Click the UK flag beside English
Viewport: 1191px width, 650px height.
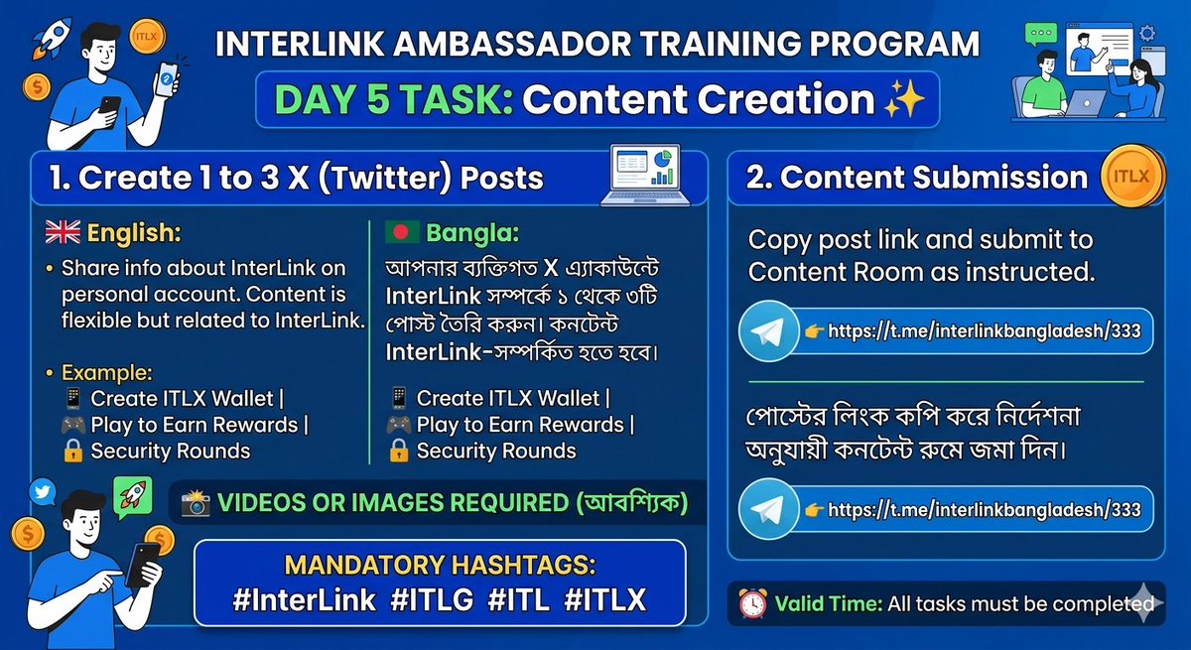(63, 233)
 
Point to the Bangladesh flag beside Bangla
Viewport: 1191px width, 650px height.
(402, 233)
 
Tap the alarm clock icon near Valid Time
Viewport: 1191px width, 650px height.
(751, 602)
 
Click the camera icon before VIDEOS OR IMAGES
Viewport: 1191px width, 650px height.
(195, 503)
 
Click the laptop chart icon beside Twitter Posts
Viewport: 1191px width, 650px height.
(645, 176)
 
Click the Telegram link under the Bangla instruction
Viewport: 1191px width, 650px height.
(984, 510)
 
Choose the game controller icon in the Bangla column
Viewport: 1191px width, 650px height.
(398, 425)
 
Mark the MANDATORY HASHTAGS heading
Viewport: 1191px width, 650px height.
(440, 565)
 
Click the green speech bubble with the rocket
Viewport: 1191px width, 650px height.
(131, 494)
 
